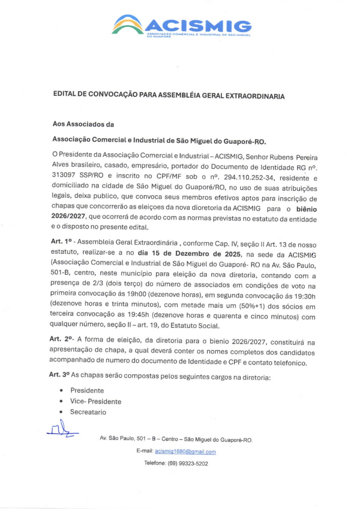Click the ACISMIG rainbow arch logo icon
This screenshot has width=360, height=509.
point(127,25)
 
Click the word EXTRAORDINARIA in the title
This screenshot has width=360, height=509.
point(255,96)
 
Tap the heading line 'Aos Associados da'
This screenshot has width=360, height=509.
point(83,124)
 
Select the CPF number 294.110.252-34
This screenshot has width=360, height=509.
point(249,177)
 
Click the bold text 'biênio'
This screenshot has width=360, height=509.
point(306,209)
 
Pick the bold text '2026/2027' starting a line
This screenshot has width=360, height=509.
point(68,216)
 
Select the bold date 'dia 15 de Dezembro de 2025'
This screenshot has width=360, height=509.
point(189,254)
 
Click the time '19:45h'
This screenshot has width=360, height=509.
point(138,314)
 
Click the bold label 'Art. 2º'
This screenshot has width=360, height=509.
point(62,339)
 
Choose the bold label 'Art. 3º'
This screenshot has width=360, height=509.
point(59,375)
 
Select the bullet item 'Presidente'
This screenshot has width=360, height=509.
point(87,390)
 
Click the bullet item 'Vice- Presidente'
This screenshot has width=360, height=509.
point(96,401)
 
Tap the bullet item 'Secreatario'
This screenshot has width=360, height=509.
point(88,412)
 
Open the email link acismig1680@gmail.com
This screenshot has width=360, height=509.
point(185,452)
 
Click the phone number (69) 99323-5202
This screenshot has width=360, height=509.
point(188,463)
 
